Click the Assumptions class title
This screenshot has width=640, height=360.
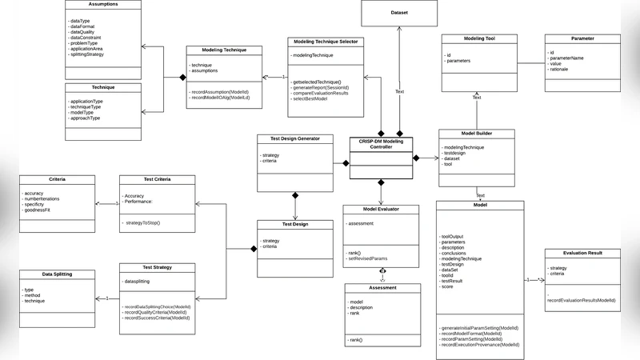(102, 4)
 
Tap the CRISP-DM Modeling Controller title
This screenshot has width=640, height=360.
(382, 144)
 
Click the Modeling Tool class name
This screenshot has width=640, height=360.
(478, 38)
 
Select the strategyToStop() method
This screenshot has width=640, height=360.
(143, 222)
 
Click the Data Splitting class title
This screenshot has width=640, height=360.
(57, 274)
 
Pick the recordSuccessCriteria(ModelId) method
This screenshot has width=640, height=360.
(157, 318)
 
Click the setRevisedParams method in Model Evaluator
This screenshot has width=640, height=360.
(368, 259)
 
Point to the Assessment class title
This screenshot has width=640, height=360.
(382, 288)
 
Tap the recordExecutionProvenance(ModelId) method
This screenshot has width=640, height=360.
(480, 345)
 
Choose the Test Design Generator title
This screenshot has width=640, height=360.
(294, 138)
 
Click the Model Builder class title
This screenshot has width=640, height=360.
(478, 134)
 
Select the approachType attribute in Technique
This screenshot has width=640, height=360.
(86, 118)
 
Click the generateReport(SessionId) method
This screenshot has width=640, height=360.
(324, 88)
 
